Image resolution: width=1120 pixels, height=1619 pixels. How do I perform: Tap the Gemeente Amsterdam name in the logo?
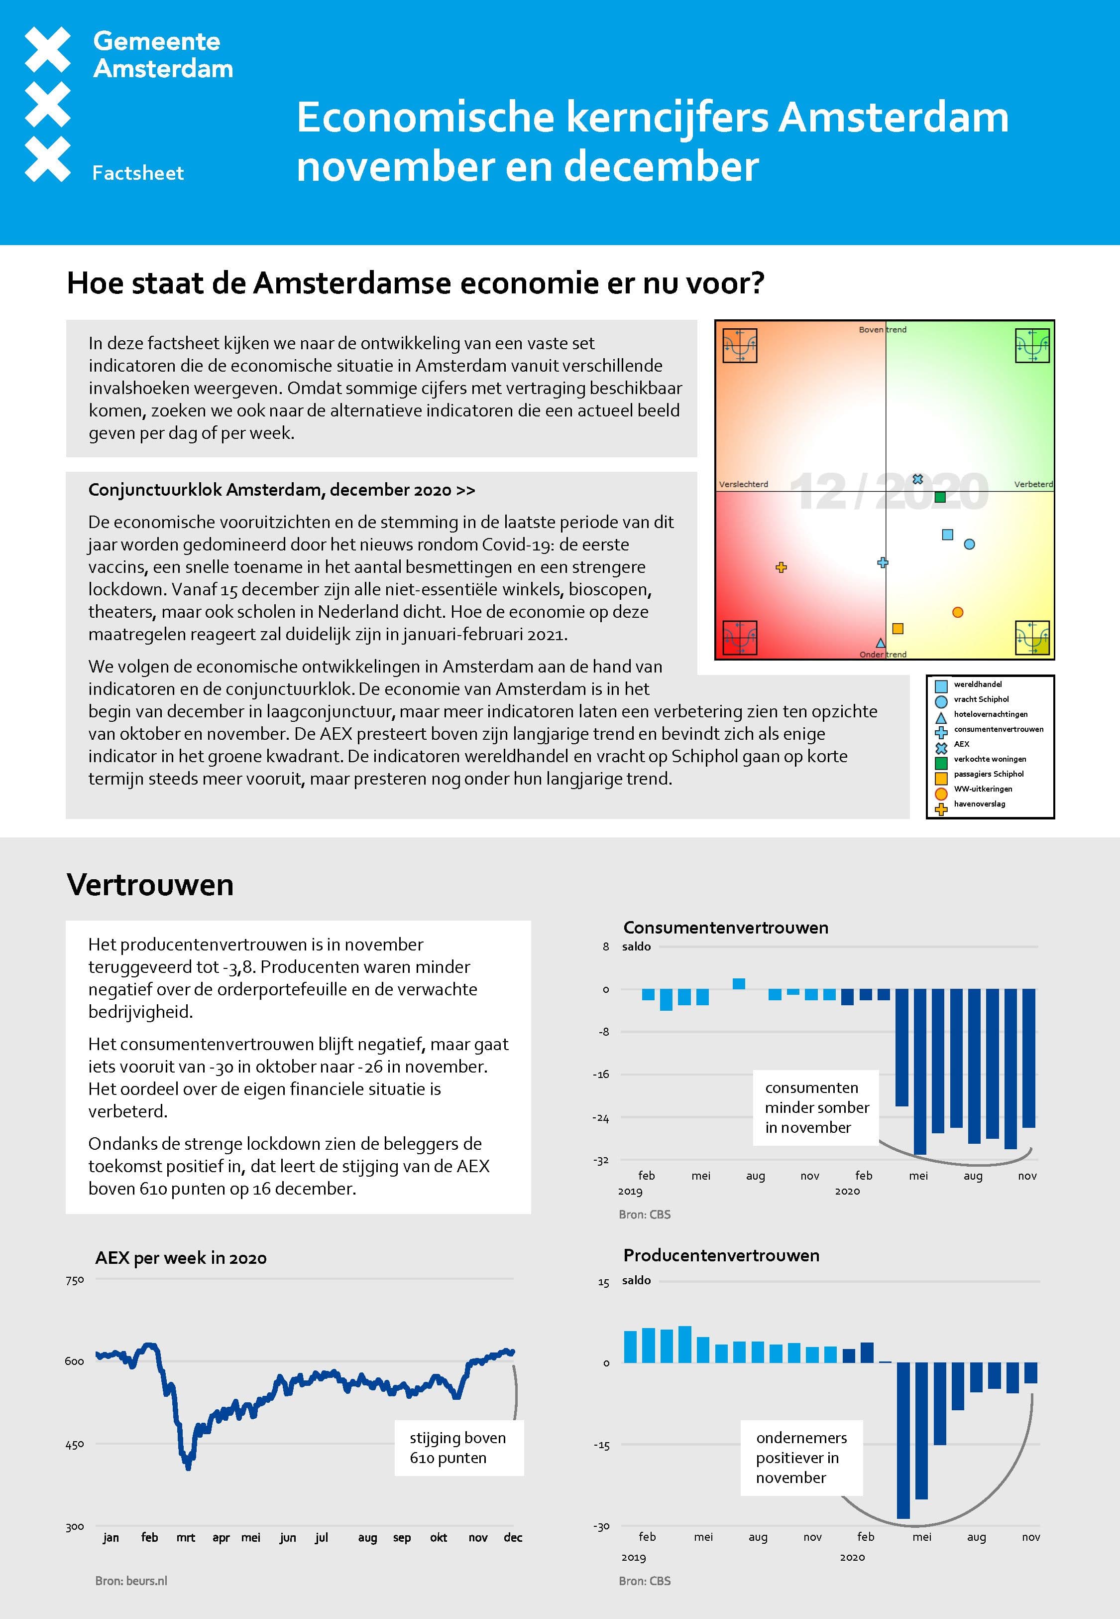(162, 55)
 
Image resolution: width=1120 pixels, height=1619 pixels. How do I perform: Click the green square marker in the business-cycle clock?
(940, 497)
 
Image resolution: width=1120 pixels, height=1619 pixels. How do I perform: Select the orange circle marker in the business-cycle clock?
(957, 612)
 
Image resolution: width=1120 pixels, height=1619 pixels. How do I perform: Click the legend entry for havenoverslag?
(979, 804)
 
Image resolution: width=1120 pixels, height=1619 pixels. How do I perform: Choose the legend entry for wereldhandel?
(978, 684)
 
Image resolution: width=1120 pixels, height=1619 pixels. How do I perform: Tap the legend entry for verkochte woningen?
(990, 759)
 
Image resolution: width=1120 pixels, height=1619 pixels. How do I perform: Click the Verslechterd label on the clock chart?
(743, 484)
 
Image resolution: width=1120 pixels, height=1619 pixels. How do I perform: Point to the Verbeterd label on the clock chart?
(1033, 484)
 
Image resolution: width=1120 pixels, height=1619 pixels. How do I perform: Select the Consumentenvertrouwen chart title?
(726, 928)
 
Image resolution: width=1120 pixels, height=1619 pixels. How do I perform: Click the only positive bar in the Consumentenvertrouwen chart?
(738, 984)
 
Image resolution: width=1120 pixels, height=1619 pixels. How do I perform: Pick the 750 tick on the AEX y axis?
(74, 1281)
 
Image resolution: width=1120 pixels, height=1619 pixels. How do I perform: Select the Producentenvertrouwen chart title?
(721, 1255)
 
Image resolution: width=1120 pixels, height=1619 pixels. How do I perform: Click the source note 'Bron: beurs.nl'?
(131, 1581)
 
